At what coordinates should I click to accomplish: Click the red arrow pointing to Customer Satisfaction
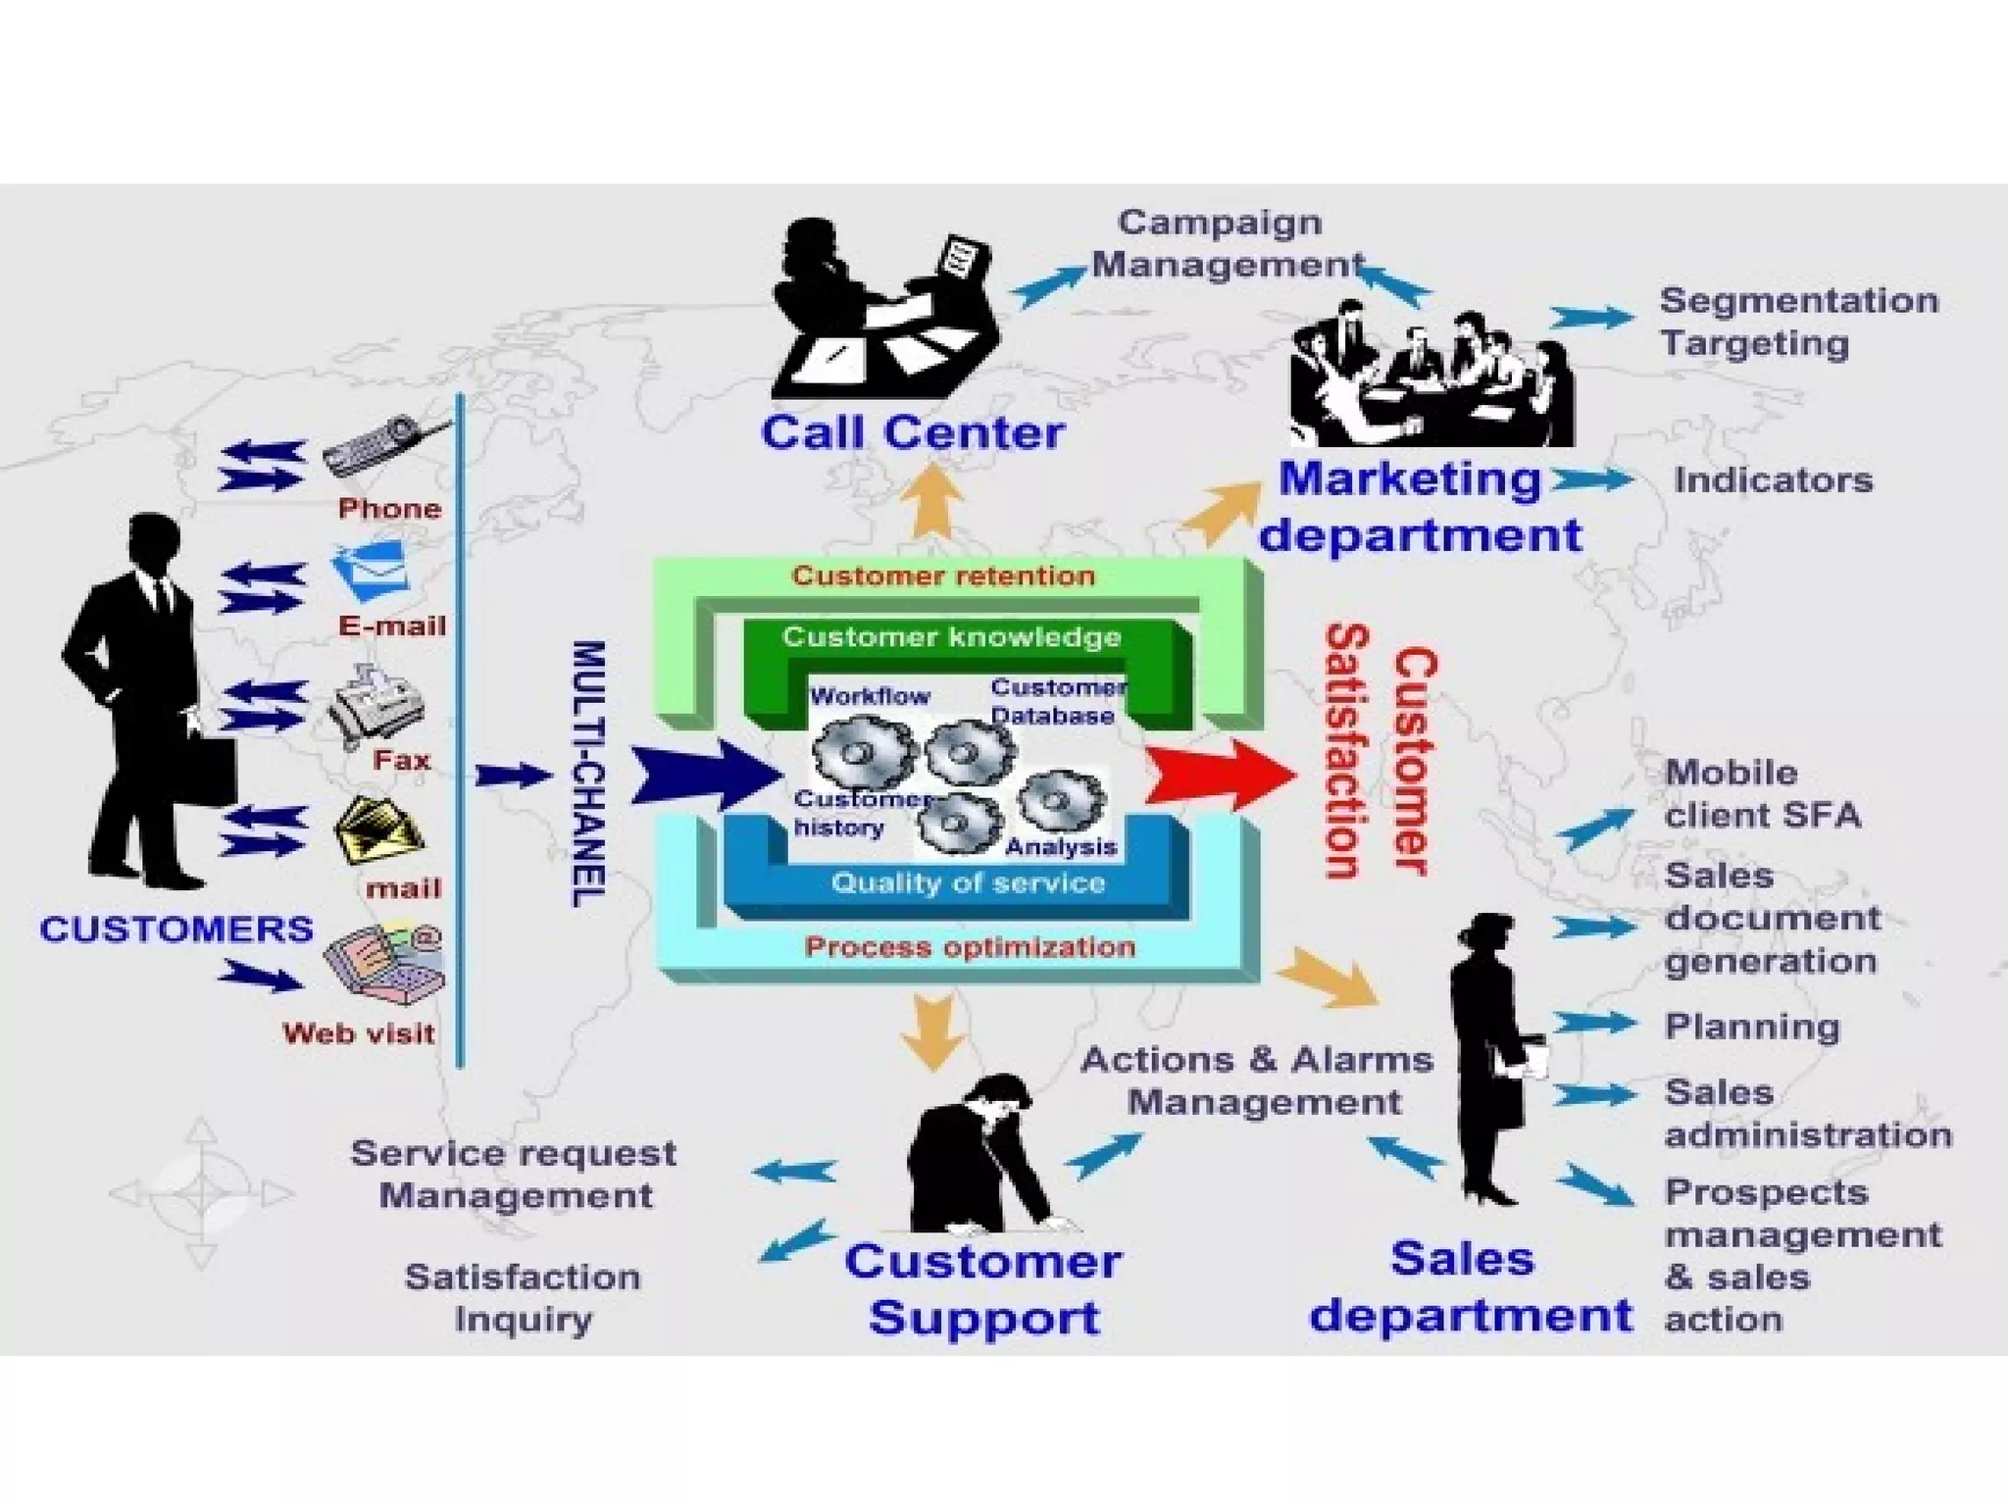tap(1221, 775)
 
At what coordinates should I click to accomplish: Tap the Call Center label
tap(912, 432)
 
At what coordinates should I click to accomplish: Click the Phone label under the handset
tap(389, 508)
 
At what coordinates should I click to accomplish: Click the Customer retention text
tap(943, 576)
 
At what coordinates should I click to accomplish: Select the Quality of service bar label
tap(968, 882)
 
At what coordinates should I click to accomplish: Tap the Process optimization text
tap(970, 947)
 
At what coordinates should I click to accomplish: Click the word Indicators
tap(1773, 480)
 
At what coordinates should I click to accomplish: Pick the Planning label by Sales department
tap(1752, 1027)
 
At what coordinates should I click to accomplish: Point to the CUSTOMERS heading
tap(176, 929)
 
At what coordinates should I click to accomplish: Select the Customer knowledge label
tap(951, 637)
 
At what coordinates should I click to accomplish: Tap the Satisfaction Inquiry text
tap(523, 1297)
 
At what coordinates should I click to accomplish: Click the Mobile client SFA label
tap(1761, 793)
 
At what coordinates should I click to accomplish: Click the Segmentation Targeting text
tap(1798, 322)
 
